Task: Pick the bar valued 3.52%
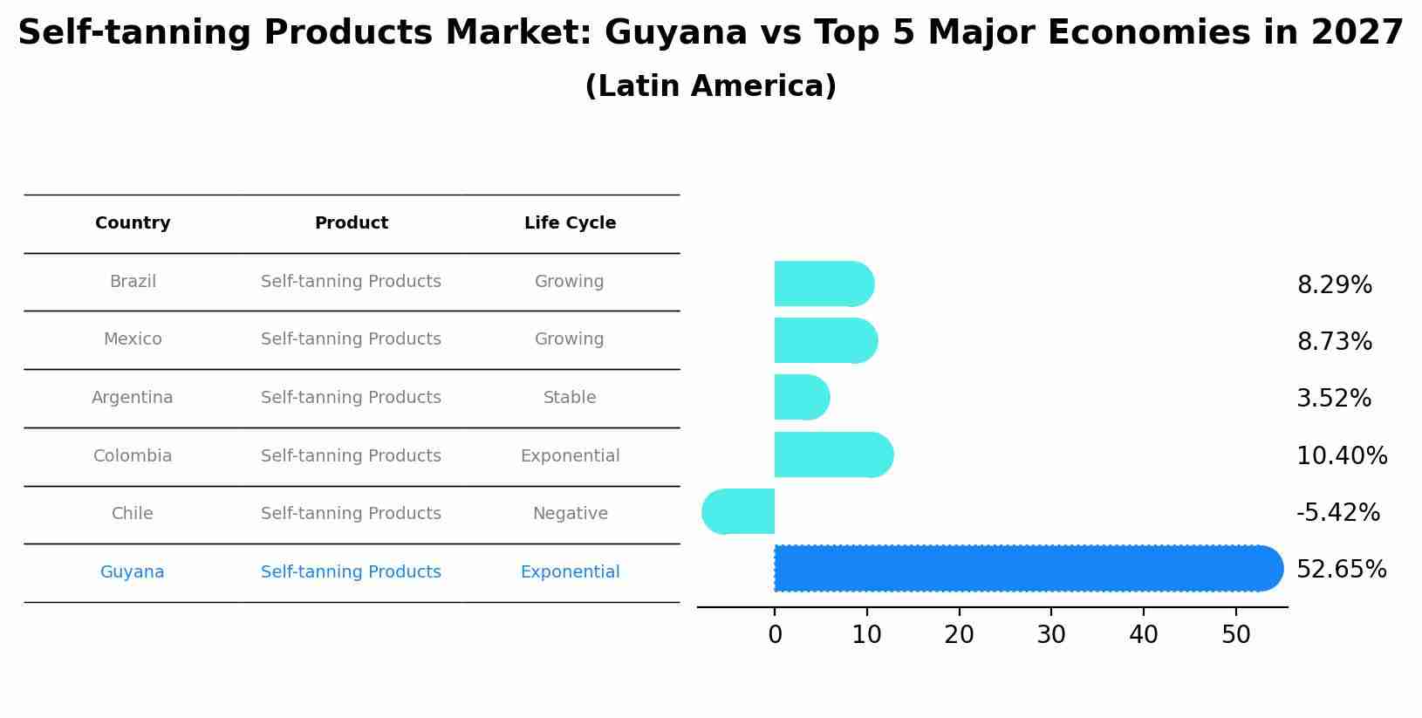801,398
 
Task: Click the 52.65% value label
1341,570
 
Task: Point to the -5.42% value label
1337,513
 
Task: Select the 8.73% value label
1334,342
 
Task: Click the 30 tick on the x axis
1051,635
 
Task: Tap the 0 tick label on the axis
775,635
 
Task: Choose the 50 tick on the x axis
1236,635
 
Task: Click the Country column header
133,223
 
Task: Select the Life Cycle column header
570,223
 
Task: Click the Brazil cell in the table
133,282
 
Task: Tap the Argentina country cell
133,398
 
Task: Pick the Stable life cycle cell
570,398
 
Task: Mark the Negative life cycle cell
570,514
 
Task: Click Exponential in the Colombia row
570,456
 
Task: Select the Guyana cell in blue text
133,572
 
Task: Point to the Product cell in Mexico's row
351,339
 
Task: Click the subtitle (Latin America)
710,86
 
